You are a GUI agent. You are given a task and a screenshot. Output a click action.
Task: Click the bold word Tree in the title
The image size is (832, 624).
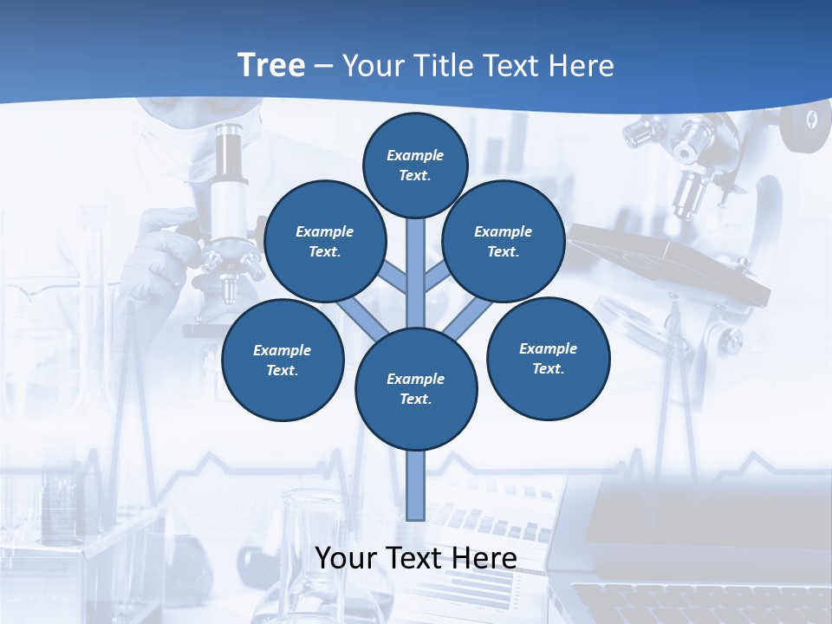(271, 66)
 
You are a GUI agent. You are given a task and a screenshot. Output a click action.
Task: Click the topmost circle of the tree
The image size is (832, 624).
(415, 165)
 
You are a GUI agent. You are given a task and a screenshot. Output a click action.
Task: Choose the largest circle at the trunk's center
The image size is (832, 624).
(416, 389)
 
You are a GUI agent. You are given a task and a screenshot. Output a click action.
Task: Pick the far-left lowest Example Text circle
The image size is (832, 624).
(283, 361)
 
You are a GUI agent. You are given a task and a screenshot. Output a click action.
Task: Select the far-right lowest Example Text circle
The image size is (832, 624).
(548, 359)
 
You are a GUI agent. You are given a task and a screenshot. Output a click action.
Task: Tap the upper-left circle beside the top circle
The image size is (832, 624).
(325, 242)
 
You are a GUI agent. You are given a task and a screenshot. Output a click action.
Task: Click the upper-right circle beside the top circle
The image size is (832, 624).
(504, 242)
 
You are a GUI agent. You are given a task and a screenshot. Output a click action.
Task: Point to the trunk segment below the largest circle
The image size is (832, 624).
(416, 485)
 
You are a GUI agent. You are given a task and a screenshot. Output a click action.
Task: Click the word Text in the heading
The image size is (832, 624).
(511, 66)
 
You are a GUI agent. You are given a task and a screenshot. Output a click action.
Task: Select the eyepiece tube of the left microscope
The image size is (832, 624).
(229, 173)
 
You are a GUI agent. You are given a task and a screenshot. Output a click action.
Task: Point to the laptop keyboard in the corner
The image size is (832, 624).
(702, 602)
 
